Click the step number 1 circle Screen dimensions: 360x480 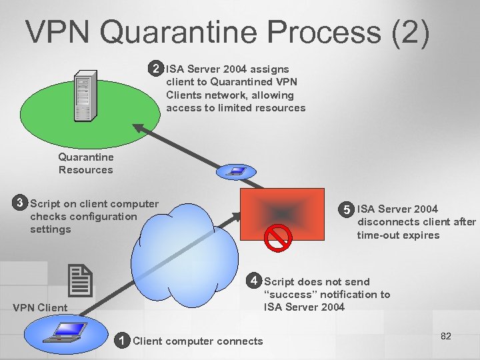pyautogui.click(x=121, y=341)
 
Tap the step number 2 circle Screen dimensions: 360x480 pyautogui.click(x=156, y=69)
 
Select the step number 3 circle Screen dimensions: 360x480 pyautogui.click(x=21, y=203)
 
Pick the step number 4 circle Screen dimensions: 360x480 pyautogui.click(x=253, y=281)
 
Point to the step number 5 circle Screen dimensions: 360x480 pyautogui.click(x=347, y=209)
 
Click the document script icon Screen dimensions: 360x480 pyautogui.click(x=81, y=280)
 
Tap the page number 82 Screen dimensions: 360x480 pyautogui.click(x=446, y=336)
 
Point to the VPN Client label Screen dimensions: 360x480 pyautogui.click(x=40, y=307)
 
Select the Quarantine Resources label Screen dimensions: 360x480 pyautogui.click(x=86, y=163)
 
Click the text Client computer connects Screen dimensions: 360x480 pyautogui.click(x=198, y=341)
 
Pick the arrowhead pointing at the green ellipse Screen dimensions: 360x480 pyautogui.click(x=138, y=128)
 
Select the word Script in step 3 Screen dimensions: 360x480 pyautogui.click(x=45, y=204)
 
